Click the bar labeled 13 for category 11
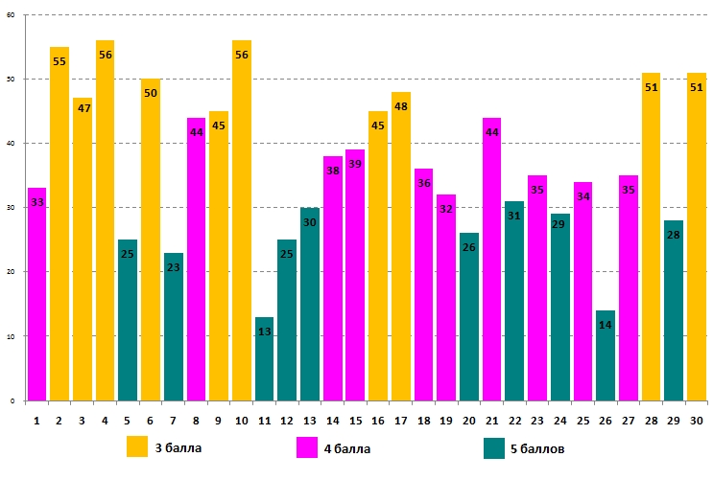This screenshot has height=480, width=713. [264, 359]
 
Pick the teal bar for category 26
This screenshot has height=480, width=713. [606, 355]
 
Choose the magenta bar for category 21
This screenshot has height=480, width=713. [491, 259]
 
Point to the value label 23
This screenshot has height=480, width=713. [173, 268]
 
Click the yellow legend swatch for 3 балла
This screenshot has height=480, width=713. [138, 446]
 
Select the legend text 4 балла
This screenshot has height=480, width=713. [348, 447]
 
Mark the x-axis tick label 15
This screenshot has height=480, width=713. [355, 420]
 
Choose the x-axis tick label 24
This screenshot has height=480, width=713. [559, 420]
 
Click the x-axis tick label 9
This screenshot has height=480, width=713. [219, 420]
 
